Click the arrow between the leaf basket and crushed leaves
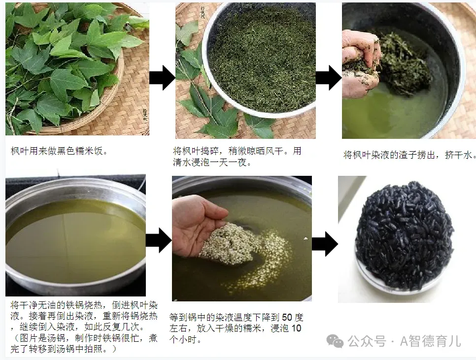tap(162, 78)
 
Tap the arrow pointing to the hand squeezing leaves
tap(329, 78)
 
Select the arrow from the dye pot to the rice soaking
tap(159, 240)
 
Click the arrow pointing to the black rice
tap(325, 244)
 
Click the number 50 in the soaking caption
tap(287, 318)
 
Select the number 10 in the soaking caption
tap(296, 328)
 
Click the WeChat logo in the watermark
tap(335, 341)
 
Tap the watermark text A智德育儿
tap(431, 341)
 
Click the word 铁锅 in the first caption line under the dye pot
tap(75, 305)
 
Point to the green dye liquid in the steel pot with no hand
tap(76, 236)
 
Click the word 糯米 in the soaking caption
tap(261, 328)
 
